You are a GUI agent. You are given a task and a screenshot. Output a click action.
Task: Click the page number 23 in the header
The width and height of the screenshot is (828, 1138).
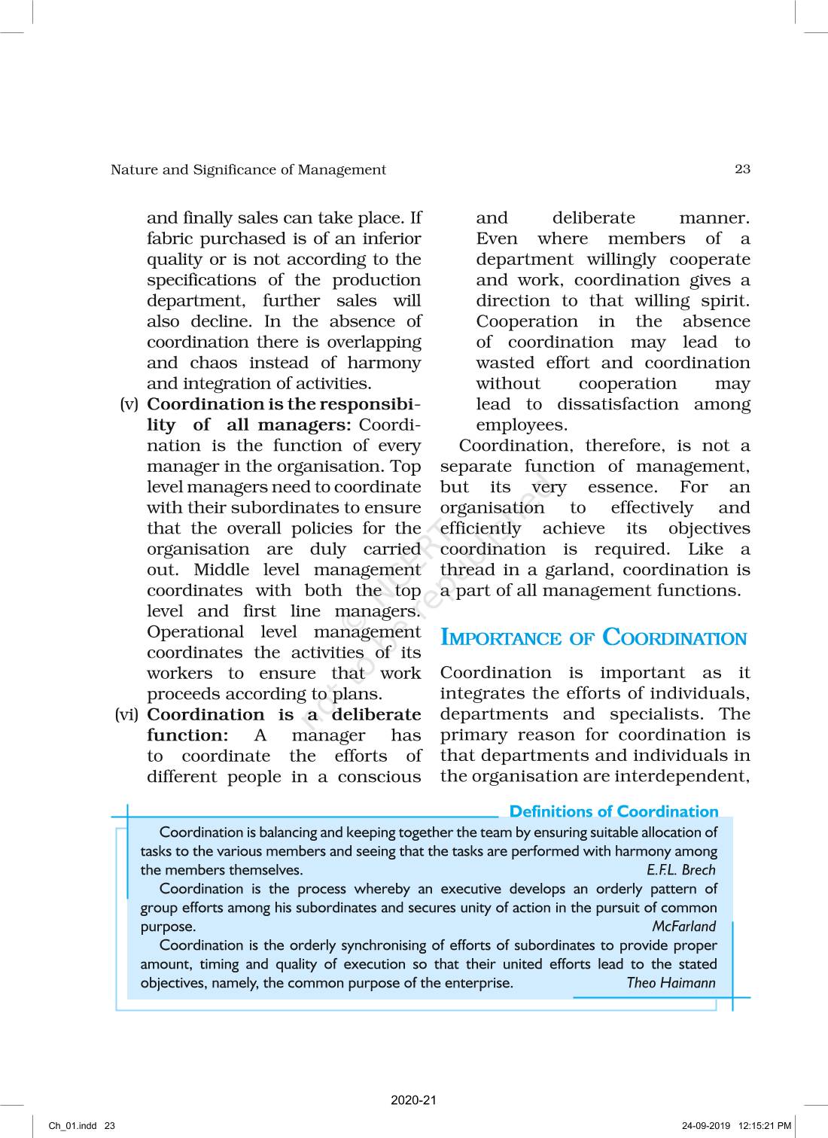tap(742, 169)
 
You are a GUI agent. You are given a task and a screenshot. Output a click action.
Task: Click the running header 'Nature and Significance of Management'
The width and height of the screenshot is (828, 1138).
tap(248, 170)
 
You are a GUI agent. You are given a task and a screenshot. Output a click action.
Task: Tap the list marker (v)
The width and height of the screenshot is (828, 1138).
tap(129, 404)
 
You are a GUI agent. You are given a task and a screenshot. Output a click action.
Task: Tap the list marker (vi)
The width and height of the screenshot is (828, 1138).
tap(127, 715)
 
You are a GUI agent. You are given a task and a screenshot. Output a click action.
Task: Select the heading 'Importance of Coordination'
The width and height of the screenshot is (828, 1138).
tap(593, 638)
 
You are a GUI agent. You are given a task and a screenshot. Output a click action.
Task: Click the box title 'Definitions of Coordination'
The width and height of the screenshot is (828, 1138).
tap(613, 811)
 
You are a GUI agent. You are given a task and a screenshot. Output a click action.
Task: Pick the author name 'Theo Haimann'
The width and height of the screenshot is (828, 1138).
tap(671, 983)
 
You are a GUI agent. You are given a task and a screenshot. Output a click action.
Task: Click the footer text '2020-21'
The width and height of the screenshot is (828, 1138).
tap(413, 1100)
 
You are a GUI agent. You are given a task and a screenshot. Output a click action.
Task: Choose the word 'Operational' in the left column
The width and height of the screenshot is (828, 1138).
tap(195, 632)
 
